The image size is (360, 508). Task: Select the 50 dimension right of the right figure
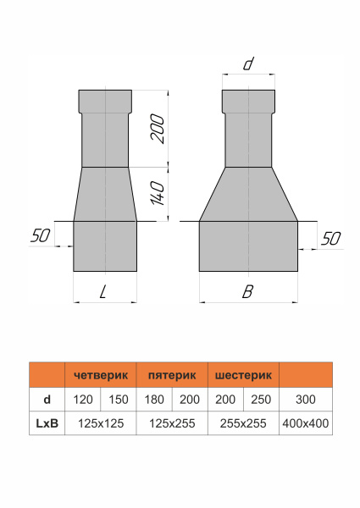[x=332, y=239]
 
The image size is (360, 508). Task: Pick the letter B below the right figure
[x=247, y=293]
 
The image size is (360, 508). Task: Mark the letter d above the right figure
[x=248, y=64]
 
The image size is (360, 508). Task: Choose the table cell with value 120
[x=82, y=399]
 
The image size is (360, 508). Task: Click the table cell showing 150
[x=118, y=399]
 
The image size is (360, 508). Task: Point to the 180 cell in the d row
[x=153, y=399]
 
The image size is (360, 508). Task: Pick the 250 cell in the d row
[x=260, y=399]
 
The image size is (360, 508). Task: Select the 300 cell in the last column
[x=305, y=399]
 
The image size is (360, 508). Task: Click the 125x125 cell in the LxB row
[x=100, y=422]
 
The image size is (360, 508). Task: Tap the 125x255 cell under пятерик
[x=171, y=422]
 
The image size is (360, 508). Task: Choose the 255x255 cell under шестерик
[x=242, y=422]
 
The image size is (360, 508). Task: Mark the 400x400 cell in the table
[x=305, y=422]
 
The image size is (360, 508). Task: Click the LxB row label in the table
[x=47, y=422]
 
